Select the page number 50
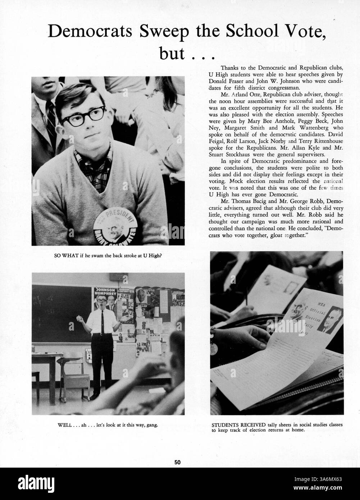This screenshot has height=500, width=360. coord(177,463)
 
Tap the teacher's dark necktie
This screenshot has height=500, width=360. coord(102,322)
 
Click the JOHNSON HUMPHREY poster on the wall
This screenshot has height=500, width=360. coord(105,292)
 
